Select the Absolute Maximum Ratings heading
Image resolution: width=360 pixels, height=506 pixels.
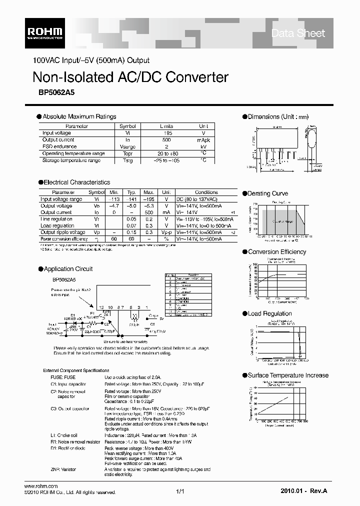(x=79, y=116)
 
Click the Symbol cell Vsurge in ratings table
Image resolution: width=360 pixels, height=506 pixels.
(x=128, y=146)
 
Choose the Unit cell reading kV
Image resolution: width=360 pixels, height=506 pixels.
(x=203, y=146)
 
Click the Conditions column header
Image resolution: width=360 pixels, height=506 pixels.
(x=206, y=192)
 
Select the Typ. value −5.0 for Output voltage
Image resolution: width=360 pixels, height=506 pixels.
(x=131, y=205)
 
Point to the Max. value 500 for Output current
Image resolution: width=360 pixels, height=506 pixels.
(x=148, y=212)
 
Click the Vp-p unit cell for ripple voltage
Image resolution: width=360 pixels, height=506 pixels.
(x=166, y=232)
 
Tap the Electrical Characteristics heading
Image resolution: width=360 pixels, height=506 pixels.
(x=76, y=182)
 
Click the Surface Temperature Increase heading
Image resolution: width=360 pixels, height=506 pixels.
(x=288, y=375)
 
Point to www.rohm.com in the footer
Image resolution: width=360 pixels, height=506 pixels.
(x=41, y=486)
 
